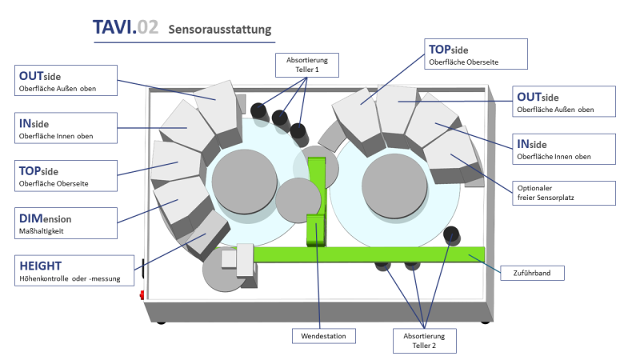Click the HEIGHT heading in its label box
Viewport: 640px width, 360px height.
point(40,263)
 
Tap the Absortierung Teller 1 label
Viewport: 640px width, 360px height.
point(302,64)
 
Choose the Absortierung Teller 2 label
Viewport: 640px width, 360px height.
point(424,339)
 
